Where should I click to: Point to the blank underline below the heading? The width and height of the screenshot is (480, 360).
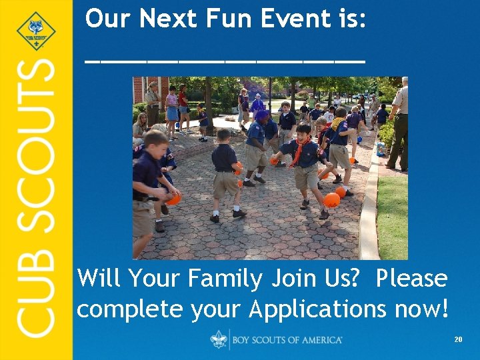tap(225, 59)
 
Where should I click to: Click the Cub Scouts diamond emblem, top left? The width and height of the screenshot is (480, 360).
tap(35, 31)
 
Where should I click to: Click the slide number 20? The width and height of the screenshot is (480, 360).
tap(458, 340)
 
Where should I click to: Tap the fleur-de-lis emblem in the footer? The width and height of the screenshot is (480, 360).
tap(219, 339)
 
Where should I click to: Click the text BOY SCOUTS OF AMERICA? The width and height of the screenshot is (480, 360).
tap(287, 340)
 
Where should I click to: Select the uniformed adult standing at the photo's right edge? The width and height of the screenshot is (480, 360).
tap(399, 123)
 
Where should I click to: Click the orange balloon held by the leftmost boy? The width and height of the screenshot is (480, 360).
tap(173, 198)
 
